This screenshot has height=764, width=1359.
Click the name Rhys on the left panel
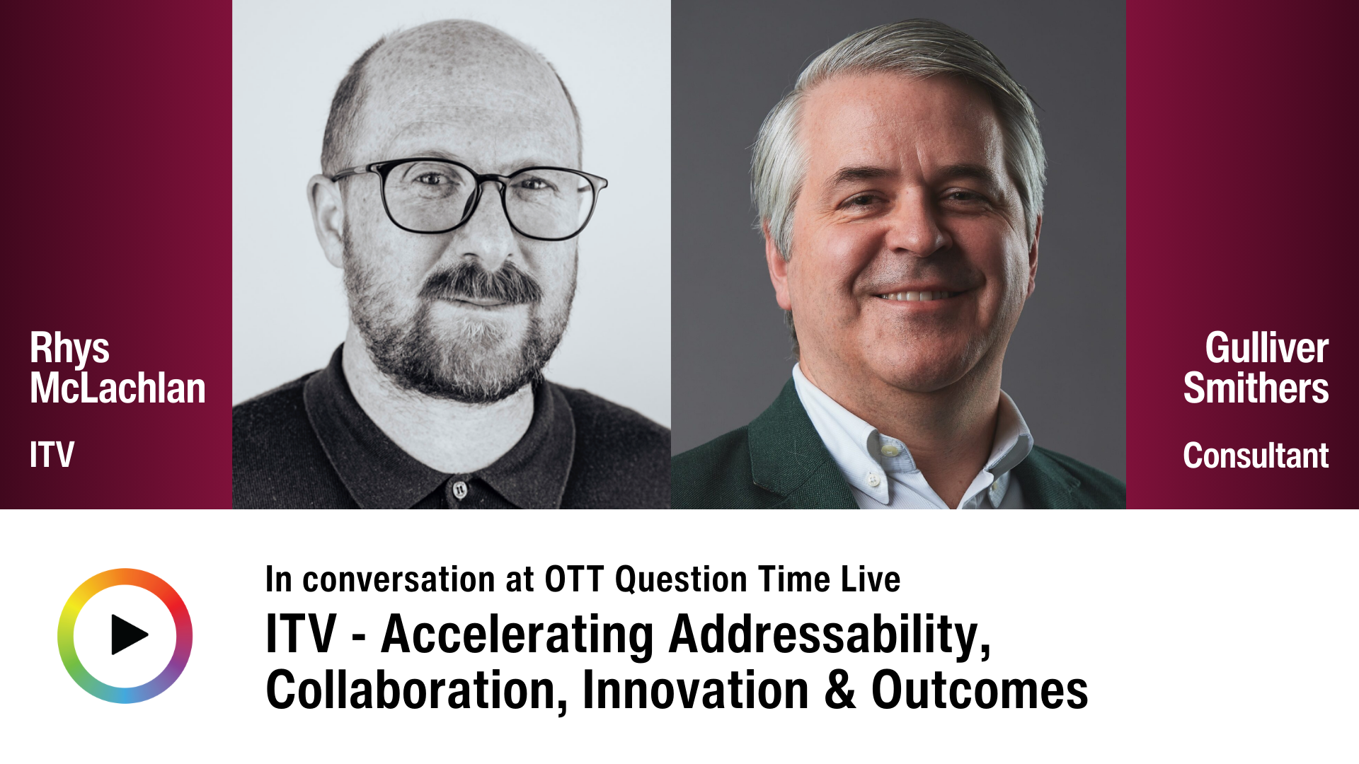tap(69, 349)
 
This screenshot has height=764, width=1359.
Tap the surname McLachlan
tap(117, 389)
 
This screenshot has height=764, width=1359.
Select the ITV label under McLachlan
tap(52, 455)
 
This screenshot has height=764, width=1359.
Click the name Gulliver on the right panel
tap(1266, 349)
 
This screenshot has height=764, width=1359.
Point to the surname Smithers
tap(1256, 389)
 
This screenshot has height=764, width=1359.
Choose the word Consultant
tap(1255, 456)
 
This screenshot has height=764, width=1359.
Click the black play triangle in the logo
tap(128, 635)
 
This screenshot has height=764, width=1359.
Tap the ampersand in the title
tap(839, 690)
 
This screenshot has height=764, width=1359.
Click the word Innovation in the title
tap(695, 690)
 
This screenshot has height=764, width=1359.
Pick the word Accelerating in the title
tap(517, 635)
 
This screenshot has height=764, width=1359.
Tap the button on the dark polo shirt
tap(459, 489)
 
